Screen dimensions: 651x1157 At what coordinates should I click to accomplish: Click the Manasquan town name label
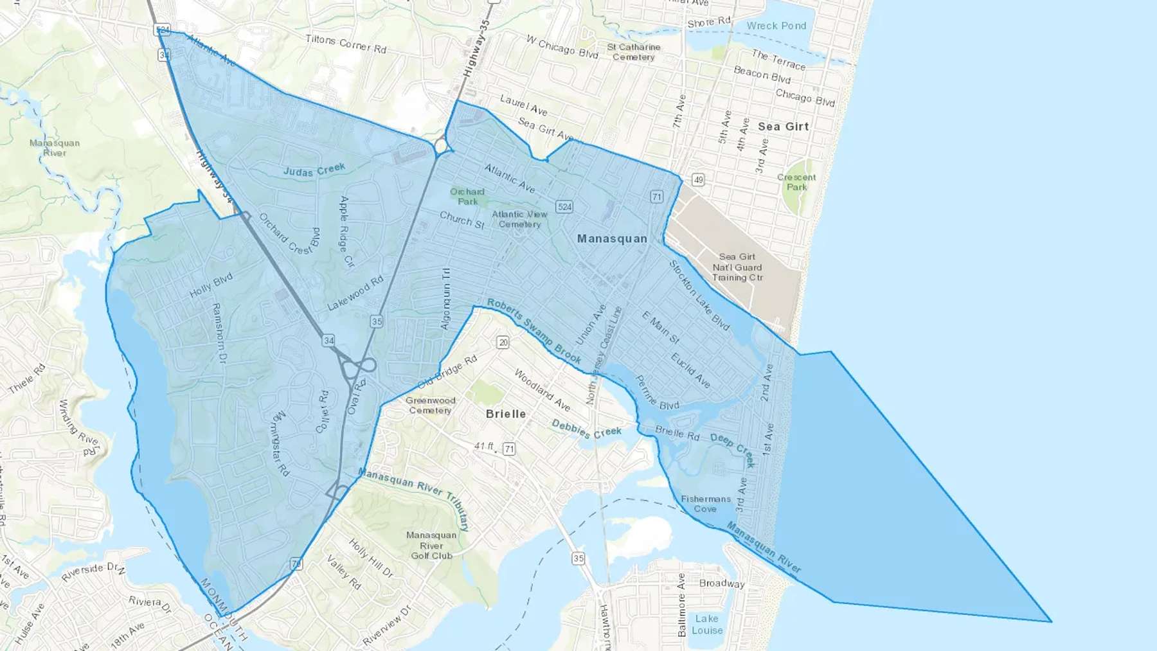click(x=612, y=238)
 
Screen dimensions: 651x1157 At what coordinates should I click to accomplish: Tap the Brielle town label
click(x=506, y=414)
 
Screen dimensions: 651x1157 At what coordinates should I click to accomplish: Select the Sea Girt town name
click(x=783, y=127)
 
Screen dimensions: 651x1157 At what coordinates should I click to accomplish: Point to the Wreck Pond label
click(x=776, y=26)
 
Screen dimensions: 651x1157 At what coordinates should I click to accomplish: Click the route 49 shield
click(x=698, y=179)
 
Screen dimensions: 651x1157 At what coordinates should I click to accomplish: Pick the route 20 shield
click(x=503, y=343)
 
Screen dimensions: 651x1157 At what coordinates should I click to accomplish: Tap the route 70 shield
click(x=296, y=564)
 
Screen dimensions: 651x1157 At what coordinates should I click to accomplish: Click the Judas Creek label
click(x=314, y=170)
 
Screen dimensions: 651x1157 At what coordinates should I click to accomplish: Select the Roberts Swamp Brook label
click(x=534, y=331)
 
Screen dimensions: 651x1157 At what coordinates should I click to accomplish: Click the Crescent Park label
click(x=796, y=182)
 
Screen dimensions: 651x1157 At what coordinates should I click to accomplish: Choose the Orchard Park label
click(x=467, y=196)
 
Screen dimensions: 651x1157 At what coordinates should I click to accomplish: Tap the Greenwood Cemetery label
click(x=431, y=406)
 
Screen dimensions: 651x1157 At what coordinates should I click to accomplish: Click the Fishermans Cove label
click(x=706, y=504)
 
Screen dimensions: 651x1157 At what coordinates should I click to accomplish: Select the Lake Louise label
click(x=707, y=624)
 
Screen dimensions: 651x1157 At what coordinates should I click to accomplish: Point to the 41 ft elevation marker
click(x=485, y=446)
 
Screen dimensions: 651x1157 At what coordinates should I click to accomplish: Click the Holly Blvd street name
click(x=211, y=285)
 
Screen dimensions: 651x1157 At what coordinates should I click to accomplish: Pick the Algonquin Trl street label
click(x=445, y=299)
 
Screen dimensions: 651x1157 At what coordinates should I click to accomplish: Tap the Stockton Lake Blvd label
click(x=699, y=296)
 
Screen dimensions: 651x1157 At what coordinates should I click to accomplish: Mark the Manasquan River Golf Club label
click(x=431, y=546)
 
